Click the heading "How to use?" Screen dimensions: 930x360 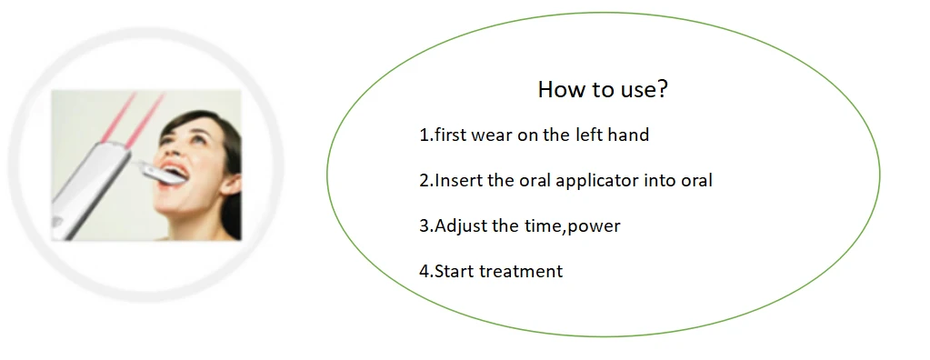tap(603, 90)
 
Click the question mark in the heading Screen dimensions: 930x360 tap(662, 90)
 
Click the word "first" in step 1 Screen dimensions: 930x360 tap(451, 135)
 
